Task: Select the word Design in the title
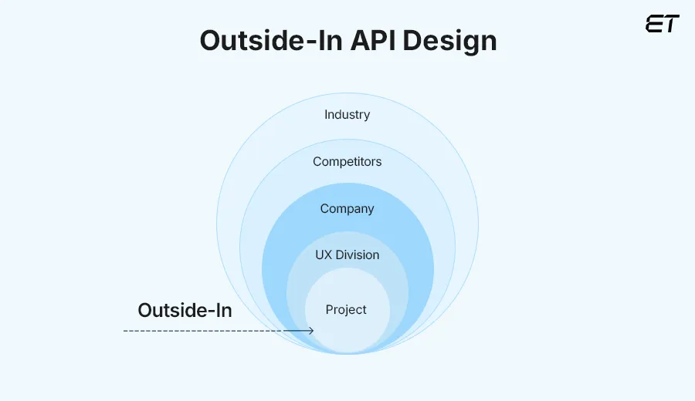tap(452, 41)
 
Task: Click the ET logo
tap(662, 24)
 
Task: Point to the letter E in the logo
tap(653, 24)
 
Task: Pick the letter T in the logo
tap(671, 24)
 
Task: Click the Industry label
tap(347, 115)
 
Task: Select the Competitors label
tap(347, 162)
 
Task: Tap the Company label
tap(347, 209)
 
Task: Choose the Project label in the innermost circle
tap(346, 310)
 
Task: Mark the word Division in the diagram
tap(358, 255)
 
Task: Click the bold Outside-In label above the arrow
tap(185, 311)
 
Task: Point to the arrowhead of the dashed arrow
tap(311, 331)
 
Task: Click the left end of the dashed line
tap(125, 331)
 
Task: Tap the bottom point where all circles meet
tap(347, 353)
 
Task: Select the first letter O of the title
tap(211, 41)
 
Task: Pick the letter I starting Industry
tap(326, 115)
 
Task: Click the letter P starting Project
tap(329, 310)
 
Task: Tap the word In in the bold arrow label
tap(222, 311)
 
